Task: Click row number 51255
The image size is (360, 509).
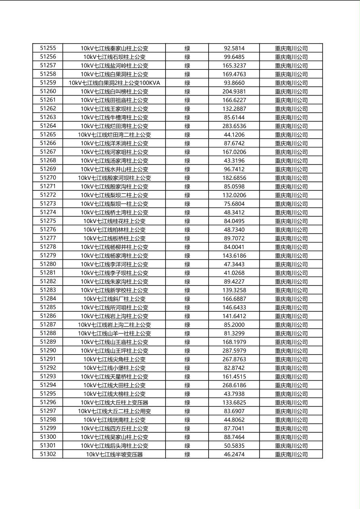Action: (48, 48)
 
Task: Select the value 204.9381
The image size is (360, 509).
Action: (234, 92)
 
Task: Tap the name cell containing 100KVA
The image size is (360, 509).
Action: (114, 83)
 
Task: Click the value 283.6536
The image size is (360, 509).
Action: (234, 126)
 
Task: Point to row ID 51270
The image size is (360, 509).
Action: (48, 178)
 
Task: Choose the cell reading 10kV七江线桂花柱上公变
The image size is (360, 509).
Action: (114, 221)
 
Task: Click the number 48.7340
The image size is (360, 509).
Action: (234, 229)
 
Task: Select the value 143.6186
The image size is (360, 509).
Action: (234, 256)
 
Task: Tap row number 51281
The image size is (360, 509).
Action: (48, 273)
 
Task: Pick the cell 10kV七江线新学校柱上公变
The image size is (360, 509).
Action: (114, 290)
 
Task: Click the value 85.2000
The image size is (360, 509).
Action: (234, 325)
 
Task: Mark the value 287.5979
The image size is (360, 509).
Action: (234, 350)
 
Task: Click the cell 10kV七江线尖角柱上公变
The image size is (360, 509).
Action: (114, 359)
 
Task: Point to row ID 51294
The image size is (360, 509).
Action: (48, 385)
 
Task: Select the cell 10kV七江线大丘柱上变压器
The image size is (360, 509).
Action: (114, 403)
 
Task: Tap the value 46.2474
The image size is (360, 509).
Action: (234, 455)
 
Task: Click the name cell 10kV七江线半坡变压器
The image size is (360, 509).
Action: (114, 455)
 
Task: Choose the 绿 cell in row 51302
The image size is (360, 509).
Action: (187, 455)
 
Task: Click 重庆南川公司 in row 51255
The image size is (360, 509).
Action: (291, 48)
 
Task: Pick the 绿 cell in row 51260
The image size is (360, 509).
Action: (187, 92)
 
